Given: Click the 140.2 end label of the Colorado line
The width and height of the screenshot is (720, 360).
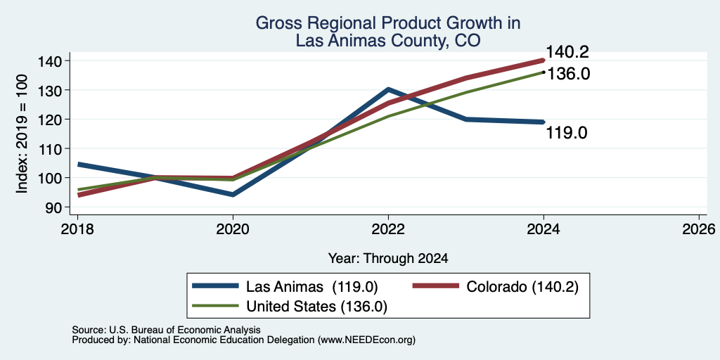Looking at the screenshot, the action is (567, 52).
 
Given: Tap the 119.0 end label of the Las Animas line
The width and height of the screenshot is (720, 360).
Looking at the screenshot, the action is (567, 133).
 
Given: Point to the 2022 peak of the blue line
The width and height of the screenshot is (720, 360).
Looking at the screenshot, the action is (388, 89).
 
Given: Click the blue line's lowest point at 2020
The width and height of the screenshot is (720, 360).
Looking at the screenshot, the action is (233, 195).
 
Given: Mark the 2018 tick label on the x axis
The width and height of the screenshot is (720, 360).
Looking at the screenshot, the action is (77, 229).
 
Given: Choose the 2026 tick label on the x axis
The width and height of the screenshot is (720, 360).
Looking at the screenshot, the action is (699, 229).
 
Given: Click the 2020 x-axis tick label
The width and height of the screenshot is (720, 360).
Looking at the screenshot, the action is (233, 229).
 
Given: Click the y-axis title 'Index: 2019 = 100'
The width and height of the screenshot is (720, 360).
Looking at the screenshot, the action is (22, 134).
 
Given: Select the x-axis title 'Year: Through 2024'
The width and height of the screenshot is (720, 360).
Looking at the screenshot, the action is (388, 259).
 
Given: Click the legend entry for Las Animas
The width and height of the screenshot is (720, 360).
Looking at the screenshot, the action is (285, 287).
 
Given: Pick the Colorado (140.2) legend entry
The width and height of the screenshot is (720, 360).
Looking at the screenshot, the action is (496, 287).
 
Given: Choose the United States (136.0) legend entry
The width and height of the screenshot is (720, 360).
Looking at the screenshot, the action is (290, 306).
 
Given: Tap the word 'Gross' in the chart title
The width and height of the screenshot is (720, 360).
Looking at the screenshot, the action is (276, 23).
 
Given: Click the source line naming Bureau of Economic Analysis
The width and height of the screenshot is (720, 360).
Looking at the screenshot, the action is (166, 330).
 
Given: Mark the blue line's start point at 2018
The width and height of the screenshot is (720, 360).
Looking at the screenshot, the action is (78, 165).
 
